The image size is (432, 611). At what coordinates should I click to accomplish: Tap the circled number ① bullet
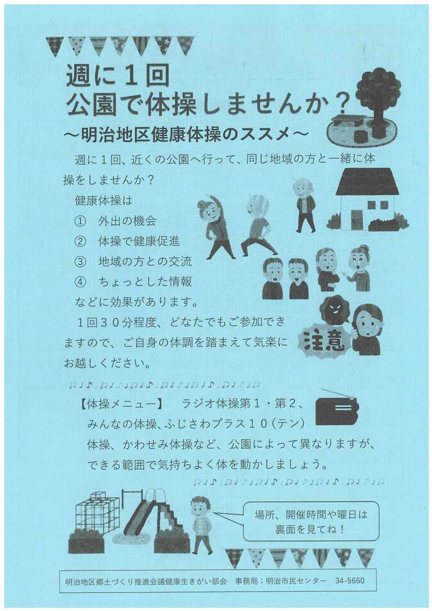click(x=80, y=221)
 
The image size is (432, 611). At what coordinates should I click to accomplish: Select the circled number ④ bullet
click(x=80, y=281)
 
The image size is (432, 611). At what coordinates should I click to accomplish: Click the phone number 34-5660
click(x=350, y=581)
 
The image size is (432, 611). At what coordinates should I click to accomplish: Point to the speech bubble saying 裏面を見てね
click(x=311, y=521)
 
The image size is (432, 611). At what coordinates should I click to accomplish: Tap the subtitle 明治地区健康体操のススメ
click(x=186, y=134)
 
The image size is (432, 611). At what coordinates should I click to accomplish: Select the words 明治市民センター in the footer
click(x=296, y=581)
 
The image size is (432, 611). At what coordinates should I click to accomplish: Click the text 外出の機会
click(x=127, y=221)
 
